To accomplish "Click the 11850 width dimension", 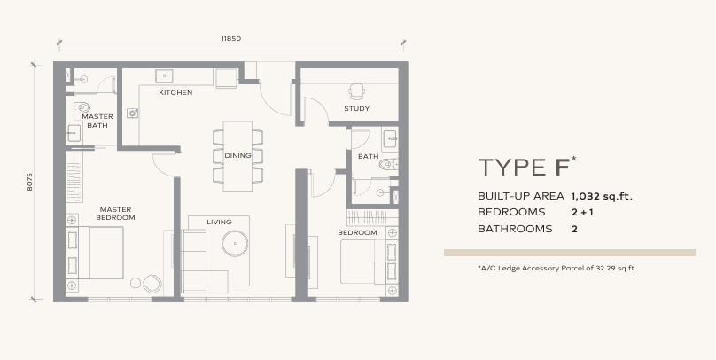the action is point(231,38).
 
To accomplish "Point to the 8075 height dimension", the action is point(29,182).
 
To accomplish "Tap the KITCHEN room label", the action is point(175,93).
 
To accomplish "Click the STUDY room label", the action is point(356,109).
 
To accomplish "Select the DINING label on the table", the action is point(237,155).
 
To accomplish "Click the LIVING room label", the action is point(219,222).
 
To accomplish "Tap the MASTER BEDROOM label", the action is point(115,214).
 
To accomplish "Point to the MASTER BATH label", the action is point(97,121).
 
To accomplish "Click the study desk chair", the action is point(356,91).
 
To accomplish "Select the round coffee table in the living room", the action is point(235,244).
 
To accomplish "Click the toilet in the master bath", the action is point(82,108).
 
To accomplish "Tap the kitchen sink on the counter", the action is point(164,76).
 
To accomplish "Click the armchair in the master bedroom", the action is point(152,284).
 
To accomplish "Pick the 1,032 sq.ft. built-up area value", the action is point(602,197).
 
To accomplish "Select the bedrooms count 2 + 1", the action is point(582,213).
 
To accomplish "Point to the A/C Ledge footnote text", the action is point(557,268).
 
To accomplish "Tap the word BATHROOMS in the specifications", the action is point(515,229).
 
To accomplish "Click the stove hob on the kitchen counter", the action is point(133,113).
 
